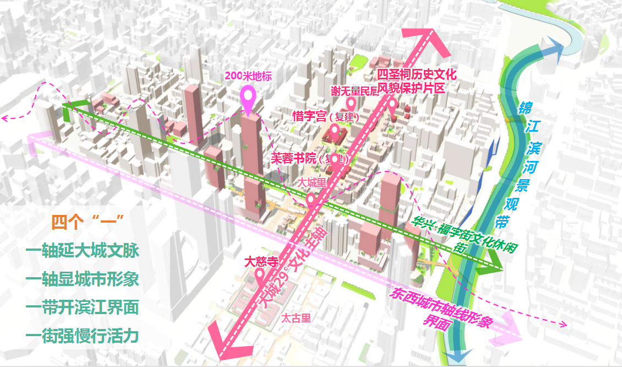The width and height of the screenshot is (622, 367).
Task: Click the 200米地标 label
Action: (248, 77)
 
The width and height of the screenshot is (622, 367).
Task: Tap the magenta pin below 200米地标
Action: (249, 98)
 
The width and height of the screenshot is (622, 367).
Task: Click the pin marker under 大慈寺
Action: (260, 276)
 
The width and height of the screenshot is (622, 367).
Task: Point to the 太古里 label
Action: (296, 317)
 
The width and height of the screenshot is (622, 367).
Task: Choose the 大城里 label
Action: (311, 181)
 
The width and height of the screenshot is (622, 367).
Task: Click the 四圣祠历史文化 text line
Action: (417, 75)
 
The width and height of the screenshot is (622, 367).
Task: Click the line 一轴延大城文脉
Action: (82, 251)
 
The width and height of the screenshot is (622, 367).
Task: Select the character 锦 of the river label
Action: (526, 108)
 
